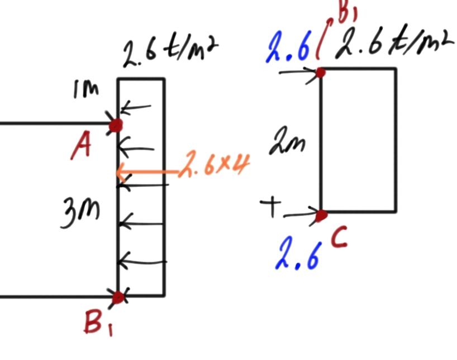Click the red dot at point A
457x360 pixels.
[116, 125]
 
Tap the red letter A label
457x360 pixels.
[82, 148]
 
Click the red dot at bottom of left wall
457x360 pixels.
[117, 298]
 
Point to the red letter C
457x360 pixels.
[339, 239]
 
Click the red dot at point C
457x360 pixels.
[321, 215]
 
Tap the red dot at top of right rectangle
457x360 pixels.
[321, 72]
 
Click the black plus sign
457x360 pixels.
[270, 207]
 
